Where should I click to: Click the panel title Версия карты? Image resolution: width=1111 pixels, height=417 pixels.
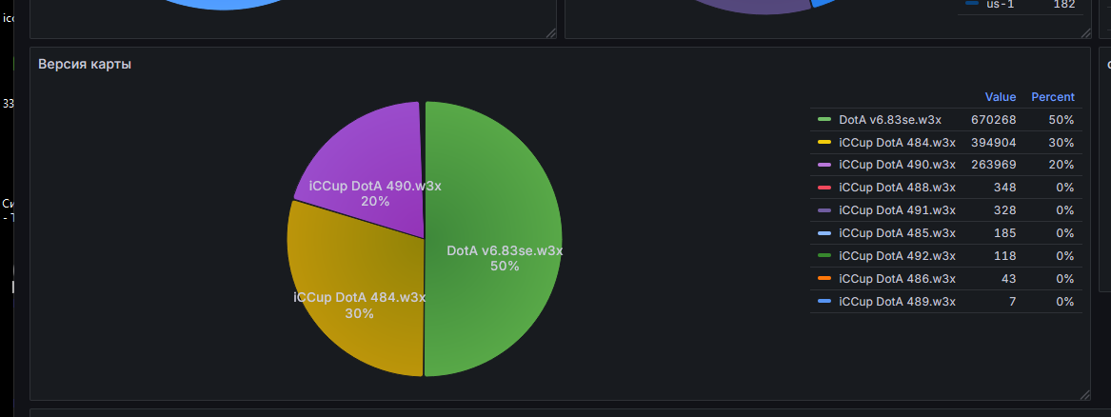coord(85,64)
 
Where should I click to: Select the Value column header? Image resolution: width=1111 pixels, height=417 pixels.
coord(1000,97)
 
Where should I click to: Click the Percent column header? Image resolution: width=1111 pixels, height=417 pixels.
coord(1052,97)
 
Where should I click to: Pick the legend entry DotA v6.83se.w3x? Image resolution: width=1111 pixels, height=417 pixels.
coord(890,120)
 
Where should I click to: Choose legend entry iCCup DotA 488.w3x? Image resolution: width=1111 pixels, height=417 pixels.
coord(897,188)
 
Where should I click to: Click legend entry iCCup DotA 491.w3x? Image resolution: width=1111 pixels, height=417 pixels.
coord(897,210)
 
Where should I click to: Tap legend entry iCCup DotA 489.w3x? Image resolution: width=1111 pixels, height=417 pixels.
coord(897,302)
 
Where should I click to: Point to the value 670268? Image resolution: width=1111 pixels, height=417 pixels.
coord(993,120)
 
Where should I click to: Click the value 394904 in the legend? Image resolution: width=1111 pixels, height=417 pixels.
coord(993,143)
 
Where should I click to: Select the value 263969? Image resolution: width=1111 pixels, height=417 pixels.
coord(993,165)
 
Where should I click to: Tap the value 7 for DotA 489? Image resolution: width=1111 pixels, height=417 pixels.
coord(1012,302)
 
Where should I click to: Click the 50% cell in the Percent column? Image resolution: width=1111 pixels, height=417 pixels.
coord(1062,120)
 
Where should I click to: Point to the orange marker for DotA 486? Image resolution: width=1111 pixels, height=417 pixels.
coord(824,279)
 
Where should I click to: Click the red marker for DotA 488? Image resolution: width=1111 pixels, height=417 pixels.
coord(824,188)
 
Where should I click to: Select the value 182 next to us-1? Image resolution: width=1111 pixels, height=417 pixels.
coord(1064,5)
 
